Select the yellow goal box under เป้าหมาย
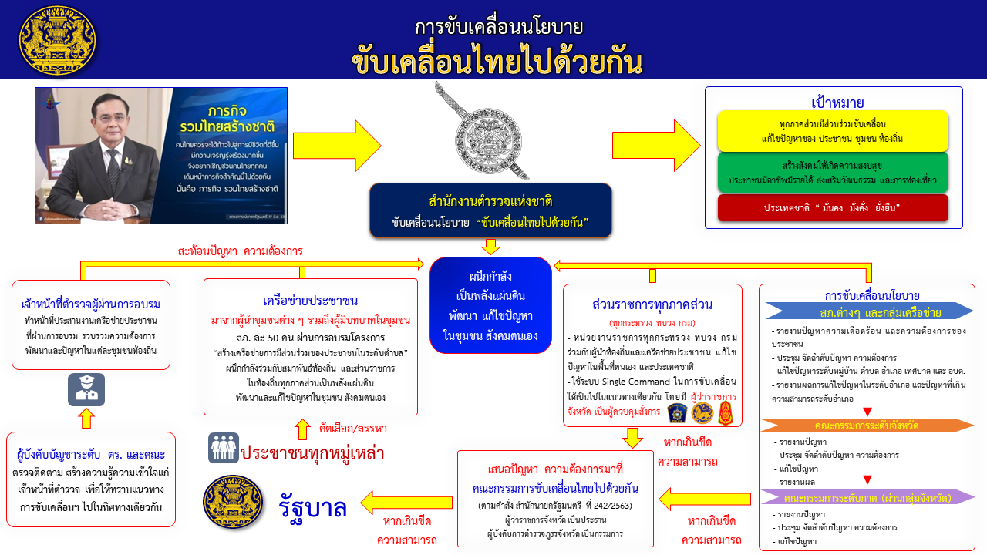pos(833,131)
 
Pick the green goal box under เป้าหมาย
pos(833,173)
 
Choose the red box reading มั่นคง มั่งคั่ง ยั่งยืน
pos(833,208)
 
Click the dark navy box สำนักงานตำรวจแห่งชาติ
pos(490,210)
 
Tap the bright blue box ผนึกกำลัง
pos(490,306)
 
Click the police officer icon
pos(86,389)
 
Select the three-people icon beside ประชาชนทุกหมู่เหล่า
pos(223,448)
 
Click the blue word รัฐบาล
pos(312,506)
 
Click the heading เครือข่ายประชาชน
pos(310,300)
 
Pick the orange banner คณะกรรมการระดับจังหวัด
pos(867,425)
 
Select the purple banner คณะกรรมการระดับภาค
pos(867,497)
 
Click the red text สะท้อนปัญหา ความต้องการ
pos(240,251)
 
